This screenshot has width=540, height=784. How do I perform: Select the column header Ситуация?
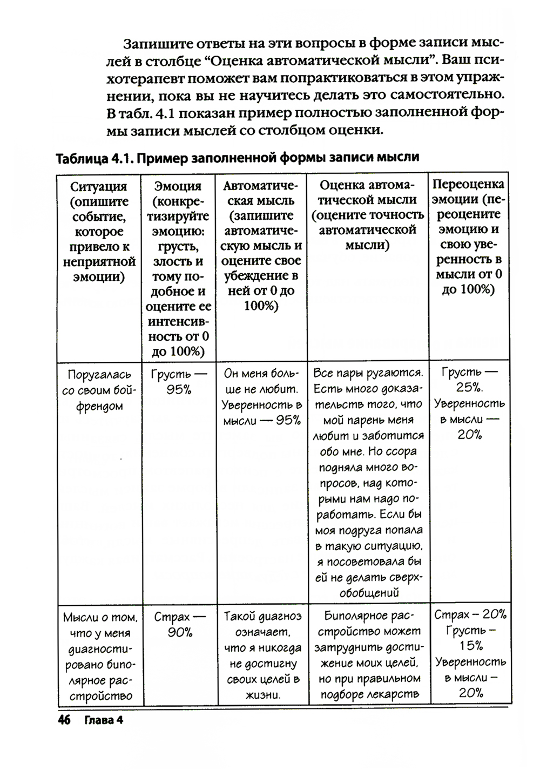pyautogui.click(x=99, y=187)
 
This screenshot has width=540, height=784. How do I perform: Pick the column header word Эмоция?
pyautogui.click(x=178, y=186)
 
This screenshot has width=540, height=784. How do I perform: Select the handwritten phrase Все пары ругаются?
pyautogui.click(x=368, y=374)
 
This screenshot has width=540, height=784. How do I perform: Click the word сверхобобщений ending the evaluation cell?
pyautogui.click(x=368, y=585)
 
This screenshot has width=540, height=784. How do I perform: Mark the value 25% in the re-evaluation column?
pyautogui.click(x=469, y=388)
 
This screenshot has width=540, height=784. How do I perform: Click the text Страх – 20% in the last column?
pyautogui.click(x=470, y=614)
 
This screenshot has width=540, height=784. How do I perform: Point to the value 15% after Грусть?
pyautogui.click(x=471, y=646)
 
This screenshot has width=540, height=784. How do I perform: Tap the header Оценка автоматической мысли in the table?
pyautogui.click(x=367, y=215)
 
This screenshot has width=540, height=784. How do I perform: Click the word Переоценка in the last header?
pyautogui.click(x=469, y=184)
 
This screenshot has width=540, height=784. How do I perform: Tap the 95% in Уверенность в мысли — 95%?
pyautogui.click(x=288, y=420)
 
